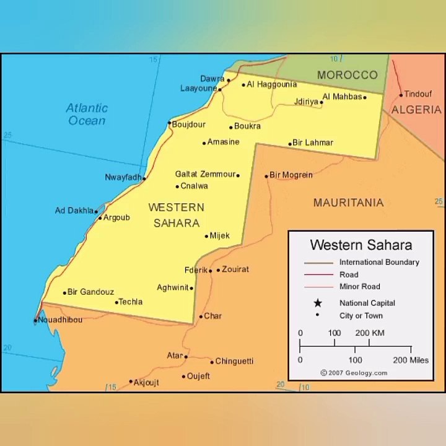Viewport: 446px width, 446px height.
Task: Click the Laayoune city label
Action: click(x=198, y=89)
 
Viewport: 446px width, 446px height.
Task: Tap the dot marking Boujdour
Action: click(x=169, y=123)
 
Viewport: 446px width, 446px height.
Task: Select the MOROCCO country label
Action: click(x=347, y=75)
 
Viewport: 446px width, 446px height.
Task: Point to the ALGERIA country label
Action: click(x=416, y=110)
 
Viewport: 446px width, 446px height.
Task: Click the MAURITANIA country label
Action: click(x=348, y=203)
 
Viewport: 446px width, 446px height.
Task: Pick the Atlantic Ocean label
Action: click(x=87, y=114)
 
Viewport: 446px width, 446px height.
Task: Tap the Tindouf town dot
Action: click(x=401, y=95)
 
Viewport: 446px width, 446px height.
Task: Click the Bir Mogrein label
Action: click(x=291, y=175)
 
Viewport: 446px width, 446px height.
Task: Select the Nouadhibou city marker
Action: click(x=35, y=320)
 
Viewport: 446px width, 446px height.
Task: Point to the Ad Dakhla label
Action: click(x=74, y=211)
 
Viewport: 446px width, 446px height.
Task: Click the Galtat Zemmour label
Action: click(x=205, y=175)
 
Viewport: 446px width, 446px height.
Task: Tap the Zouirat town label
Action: click(x=235, y=269)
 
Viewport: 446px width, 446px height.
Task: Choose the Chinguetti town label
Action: click(x=234, y=361)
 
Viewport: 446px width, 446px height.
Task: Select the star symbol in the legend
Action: click(x=318, y=303)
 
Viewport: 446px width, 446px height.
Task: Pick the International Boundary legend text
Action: click(x=379, y=262)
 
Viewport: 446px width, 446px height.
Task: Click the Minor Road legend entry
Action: click(x=359, y=286)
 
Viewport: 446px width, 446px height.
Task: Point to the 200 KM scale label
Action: click(x=370, y=333)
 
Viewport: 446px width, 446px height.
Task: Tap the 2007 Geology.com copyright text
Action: click(x=354, y=373)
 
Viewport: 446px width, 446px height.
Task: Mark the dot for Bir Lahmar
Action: click(x=289, y=144)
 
